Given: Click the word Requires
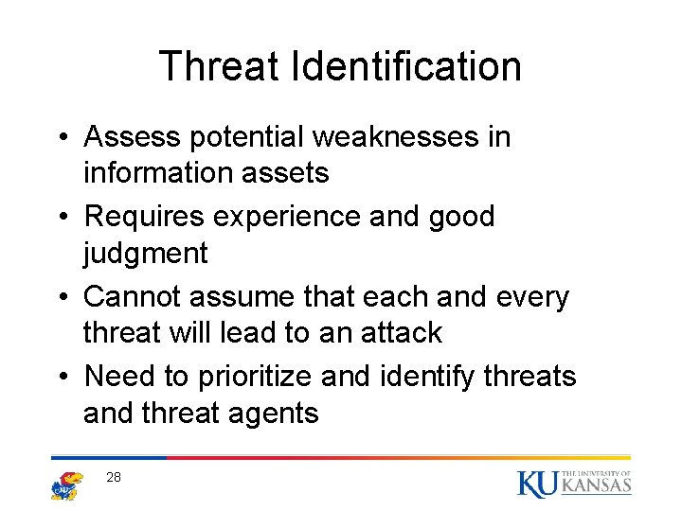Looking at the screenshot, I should [x=145, y=217].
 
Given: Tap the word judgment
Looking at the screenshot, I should [x=146, y=253].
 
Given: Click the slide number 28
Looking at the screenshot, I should [x=114, y=478].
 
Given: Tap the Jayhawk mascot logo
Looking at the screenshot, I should [x=67, y=485].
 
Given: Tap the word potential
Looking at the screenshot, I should [x=249, y=137].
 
